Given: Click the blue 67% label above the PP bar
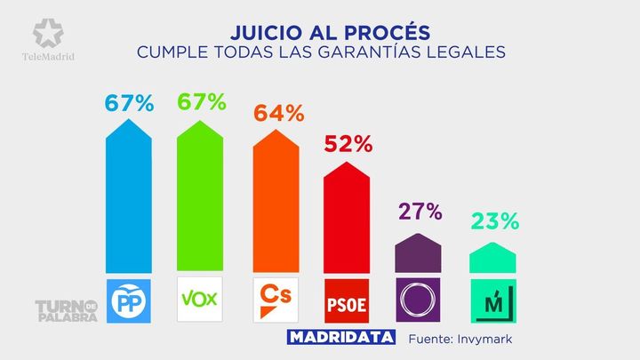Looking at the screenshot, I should pos(130,102).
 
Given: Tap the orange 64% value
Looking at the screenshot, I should pos(279,114).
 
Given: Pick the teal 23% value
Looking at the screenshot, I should pos(493,222).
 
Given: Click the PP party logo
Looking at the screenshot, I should pos(130,300).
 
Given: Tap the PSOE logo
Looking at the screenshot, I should pos(348,300).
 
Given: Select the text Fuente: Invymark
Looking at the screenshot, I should pos(460,339).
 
